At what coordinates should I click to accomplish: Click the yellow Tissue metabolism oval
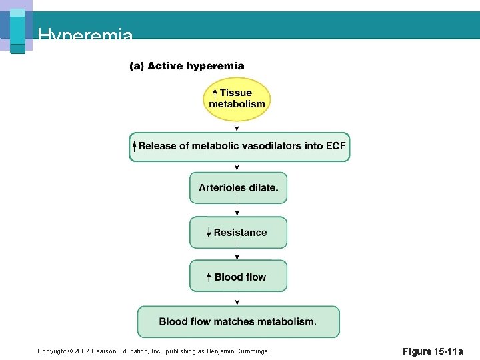point(237,99)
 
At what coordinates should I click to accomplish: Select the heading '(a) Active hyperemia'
point(187,66)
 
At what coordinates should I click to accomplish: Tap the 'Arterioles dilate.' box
point(238,188)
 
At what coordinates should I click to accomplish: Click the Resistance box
point(238,233)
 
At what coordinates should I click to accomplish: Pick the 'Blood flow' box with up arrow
point(238,277)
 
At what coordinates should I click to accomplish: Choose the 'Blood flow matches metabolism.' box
point(238,322)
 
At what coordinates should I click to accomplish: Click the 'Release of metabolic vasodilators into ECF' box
point(239,147)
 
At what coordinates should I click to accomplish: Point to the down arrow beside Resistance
point(209,233)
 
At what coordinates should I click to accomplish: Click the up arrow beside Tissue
point(215,93)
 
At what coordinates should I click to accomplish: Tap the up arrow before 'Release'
point(134,146)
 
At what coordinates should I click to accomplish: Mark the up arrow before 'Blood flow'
point(209,277)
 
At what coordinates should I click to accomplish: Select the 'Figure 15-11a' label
point(433,351)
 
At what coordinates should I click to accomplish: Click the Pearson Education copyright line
point(152,351)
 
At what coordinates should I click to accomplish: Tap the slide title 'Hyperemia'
point(85,35)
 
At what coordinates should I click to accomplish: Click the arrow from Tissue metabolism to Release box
point(237,127)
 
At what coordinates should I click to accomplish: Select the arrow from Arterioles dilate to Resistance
point(237,209)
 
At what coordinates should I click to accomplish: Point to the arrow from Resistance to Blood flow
point(237,254)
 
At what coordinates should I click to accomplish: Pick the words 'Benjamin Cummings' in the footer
point(238,351)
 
